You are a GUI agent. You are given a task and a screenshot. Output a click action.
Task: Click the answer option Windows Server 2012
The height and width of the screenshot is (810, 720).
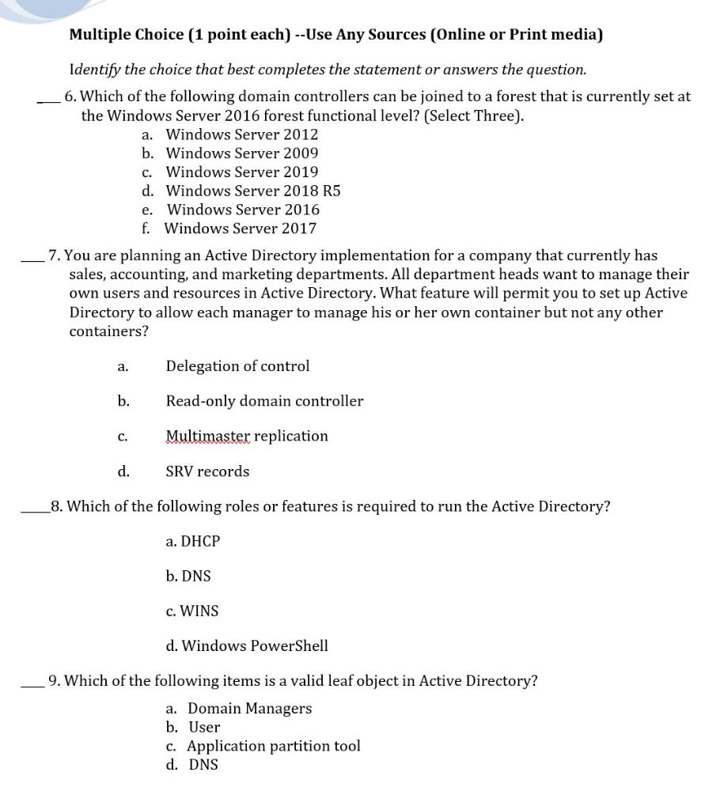click(241, 134)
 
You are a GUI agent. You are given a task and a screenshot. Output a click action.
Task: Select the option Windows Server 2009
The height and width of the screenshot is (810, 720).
click(241, 153)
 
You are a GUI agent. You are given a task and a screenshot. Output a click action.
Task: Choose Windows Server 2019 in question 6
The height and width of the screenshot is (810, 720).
click(241, 172)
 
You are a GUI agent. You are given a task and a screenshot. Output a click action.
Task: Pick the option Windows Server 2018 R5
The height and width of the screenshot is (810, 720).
click(252, 191)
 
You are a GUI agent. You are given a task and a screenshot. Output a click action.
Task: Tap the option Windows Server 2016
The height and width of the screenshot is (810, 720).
click(243, 210)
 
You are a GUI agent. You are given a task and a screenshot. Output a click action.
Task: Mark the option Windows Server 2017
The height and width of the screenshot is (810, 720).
click(240, 229)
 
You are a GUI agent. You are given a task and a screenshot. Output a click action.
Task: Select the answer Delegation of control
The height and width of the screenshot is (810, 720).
click(237, 366)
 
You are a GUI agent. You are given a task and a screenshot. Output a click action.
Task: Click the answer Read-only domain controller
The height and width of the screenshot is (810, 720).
click(264, 401)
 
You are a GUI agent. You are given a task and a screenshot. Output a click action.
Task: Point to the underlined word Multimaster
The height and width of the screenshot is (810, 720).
click(207, 437)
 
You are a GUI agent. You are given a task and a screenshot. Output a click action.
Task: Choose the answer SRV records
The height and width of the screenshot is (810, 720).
click(207, 471)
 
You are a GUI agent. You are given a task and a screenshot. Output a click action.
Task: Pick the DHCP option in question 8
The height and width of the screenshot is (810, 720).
click(193, 542)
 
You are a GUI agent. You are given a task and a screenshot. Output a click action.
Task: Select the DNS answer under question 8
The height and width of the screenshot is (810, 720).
click(188, 577)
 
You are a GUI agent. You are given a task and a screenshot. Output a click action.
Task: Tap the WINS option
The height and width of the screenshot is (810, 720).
click(192, 611)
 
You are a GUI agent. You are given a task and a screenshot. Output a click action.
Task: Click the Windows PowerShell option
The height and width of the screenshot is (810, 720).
click(247, 646)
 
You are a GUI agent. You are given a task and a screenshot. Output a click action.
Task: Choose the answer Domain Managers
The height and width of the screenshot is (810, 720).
click(249, 709)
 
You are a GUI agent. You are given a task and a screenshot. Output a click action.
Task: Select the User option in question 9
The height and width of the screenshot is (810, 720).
click(204, 728)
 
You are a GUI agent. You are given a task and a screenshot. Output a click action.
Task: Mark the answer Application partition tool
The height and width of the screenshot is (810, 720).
click(273, 747)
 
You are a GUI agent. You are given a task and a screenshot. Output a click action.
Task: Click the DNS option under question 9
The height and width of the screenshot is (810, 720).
click(203, 765)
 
